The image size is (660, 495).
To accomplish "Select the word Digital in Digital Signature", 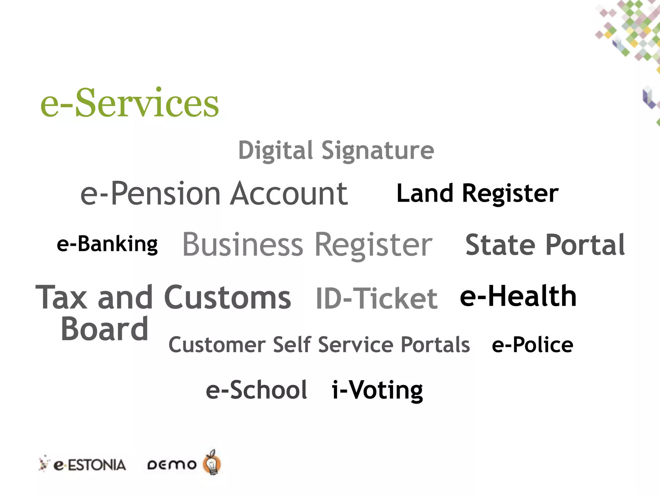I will coord(275,150).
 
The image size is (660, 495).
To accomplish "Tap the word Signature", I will coord(378,150).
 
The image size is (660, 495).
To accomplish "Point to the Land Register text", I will coord(477,193).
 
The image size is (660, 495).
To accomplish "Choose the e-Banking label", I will coord(107,244).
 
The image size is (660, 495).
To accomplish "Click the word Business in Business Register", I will coord(242,245).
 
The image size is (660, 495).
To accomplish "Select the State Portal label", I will coord(545,245).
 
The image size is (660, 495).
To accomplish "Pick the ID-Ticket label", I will coord(376,298).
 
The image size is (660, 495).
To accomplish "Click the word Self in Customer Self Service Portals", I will coord(292,345).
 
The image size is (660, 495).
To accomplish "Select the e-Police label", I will coord(532,345).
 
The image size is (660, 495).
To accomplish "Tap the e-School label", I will coord(257,390).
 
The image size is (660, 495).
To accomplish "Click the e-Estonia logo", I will coord(82,465).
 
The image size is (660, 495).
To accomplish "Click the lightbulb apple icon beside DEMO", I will coord(212,463).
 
